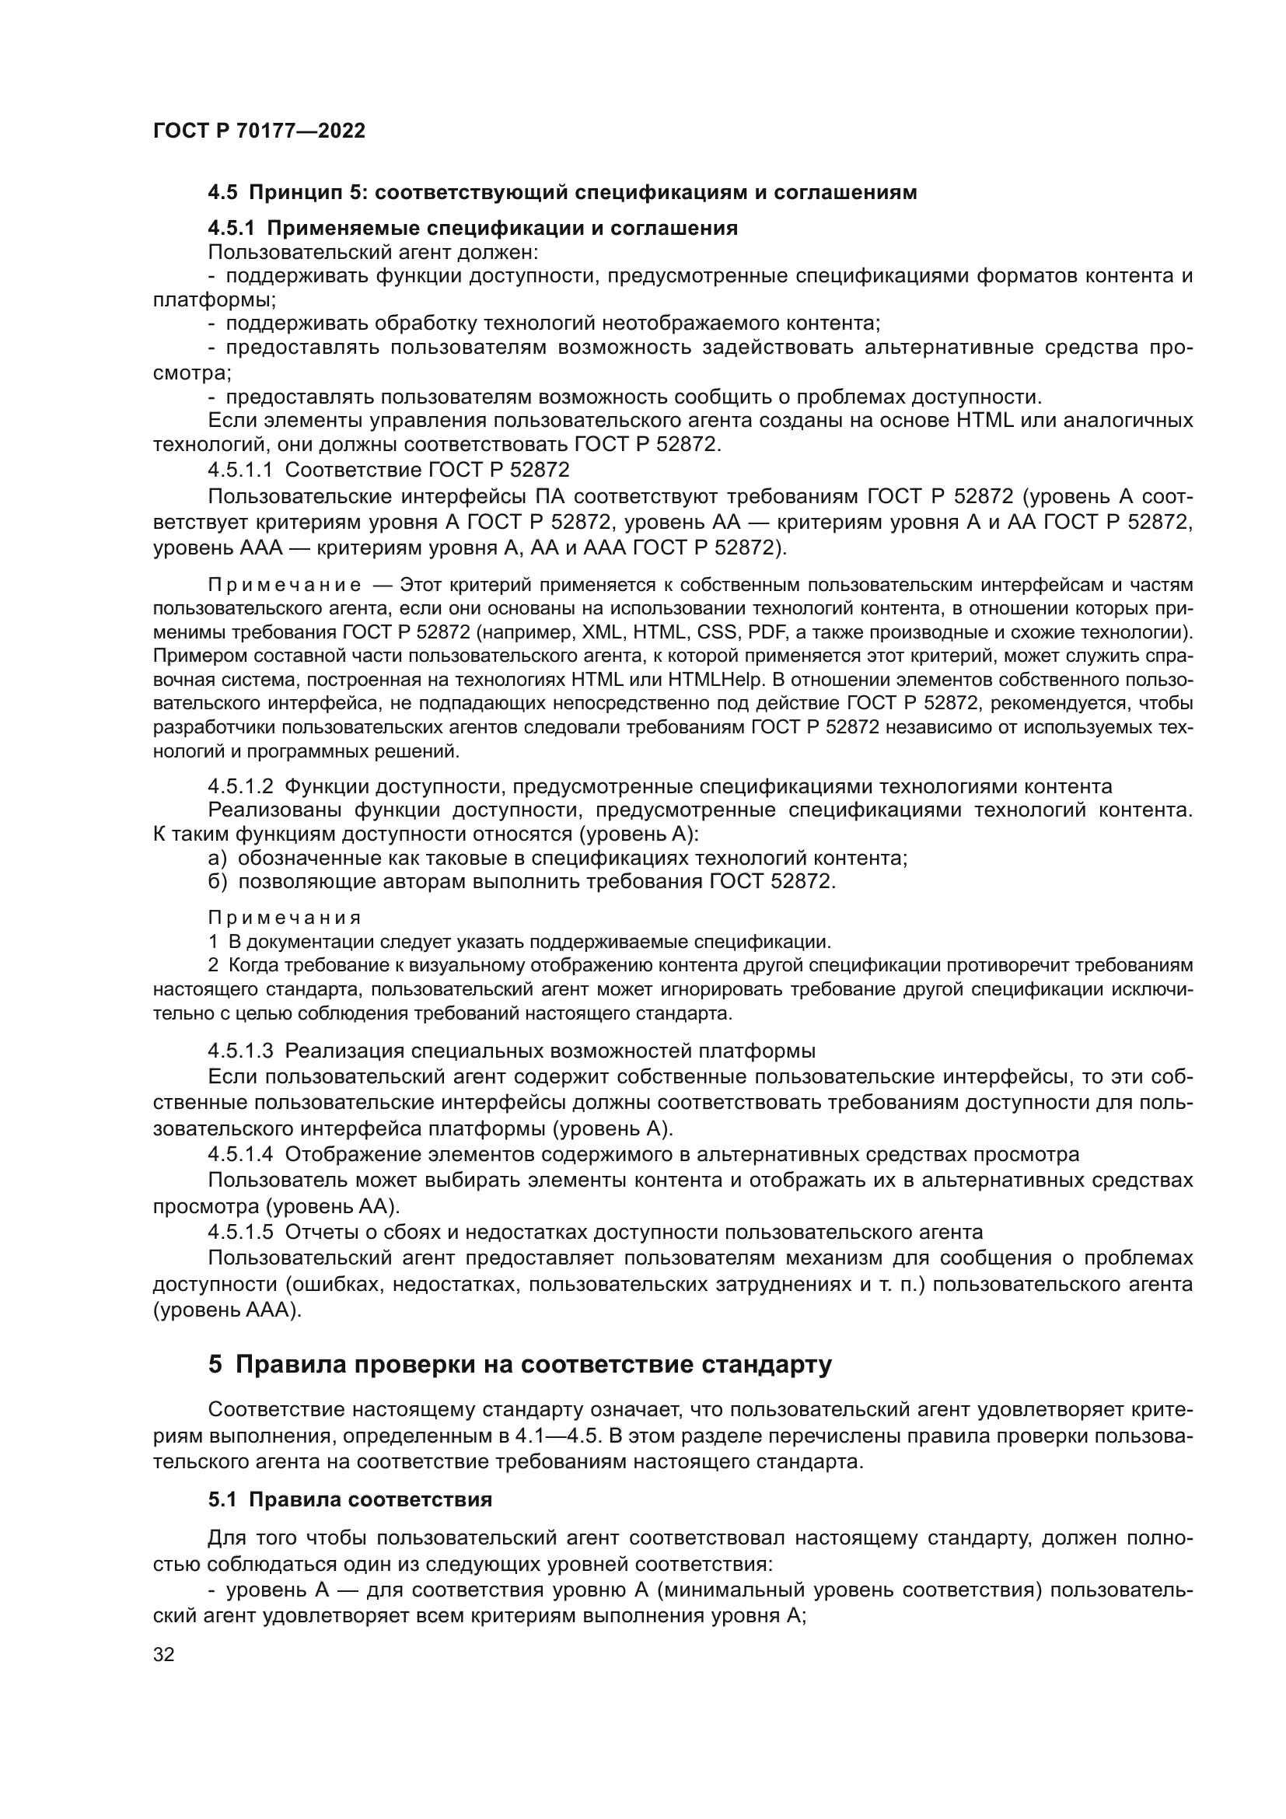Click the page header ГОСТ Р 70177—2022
click(x=259, y=131)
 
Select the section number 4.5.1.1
click(x=241, y=470)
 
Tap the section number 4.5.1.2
click(x=241, y=787)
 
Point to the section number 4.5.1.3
click(x=241, y=1051)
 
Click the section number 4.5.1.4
click(x=241, y=1154)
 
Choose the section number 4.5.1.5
click(x=241, y=1232)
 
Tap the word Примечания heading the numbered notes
click(x=285, y=918)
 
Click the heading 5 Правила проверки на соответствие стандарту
click(x=519, y=1364)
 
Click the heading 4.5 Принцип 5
click(x=562, y=193)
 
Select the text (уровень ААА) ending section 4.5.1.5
click(x=227, y=1310)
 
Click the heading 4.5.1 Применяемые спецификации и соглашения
click(x=473, y=229)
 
